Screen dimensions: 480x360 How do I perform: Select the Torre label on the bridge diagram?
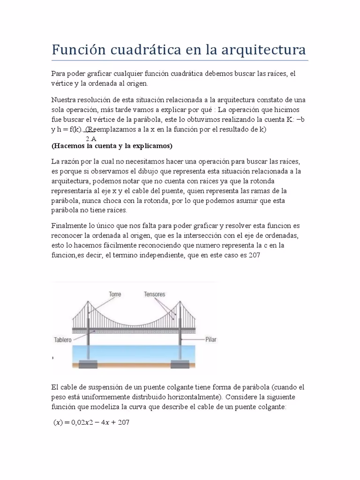tap(115, 294)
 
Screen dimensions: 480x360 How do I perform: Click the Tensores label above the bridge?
tap(155, 294)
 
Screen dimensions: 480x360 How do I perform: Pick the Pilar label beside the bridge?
tap(211, 340)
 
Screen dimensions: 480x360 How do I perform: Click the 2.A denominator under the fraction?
tap(91, 139)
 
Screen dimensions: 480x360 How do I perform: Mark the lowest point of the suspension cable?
tap(134, 323)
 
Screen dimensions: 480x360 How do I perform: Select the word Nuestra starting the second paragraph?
tap(64, 100)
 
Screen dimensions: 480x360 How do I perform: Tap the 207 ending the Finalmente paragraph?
tap(253, 255)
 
